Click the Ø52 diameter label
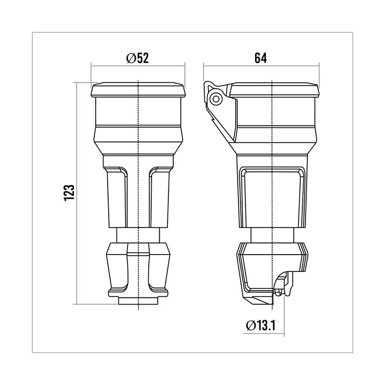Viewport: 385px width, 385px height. pyautogui.click(x=138, y=58)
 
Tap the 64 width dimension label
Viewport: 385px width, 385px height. pyautogui.click(x=260, y=58)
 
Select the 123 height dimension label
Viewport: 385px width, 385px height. pyautogui.click(x=69, y=193)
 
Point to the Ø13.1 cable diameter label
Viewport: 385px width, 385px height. pyautogui.click(x=260, y=326)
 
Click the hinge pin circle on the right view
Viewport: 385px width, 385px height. pyautogui.click(x=216, y=99)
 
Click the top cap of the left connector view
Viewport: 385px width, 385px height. pyautogui.click(x=138, y=90)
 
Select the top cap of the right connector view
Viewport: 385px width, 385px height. pyautogui.click(x=274, y=90)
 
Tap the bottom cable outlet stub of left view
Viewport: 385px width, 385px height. pyautogui.click(x=138, y=301)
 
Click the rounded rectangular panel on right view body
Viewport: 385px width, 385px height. pyautogui.click(x=272, y=197)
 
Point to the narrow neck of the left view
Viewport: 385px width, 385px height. pyautogui.click(x=138, y=235)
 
